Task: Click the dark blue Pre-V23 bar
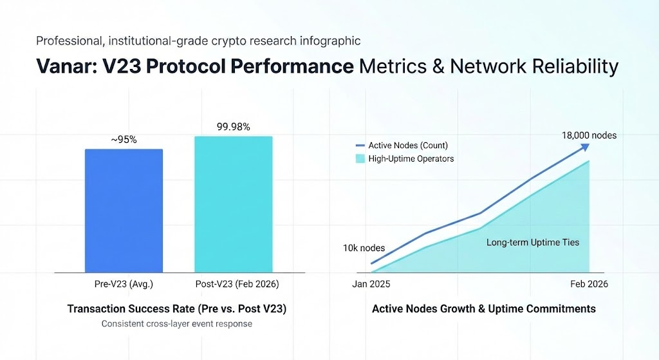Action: pos(124,211)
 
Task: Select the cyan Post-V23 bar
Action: pos(234,204)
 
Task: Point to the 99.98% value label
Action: pos(234,127)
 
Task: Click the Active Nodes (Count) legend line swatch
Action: pos(360,146)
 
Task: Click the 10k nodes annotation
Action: pos(364,248)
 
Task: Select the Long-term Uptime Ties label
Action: pos(532,243)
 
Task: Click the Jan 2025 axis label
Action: pos(371,284)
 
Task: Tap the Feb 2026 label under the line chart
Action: pos(589,284)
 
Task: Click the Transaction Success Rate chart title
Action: pos(177,309)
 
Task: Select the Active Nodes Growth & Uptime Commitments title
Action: pos(484,309)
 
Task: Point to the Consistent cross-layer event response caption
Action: pos(177,324)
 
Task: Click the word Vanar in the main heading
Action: pos(67,67)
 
